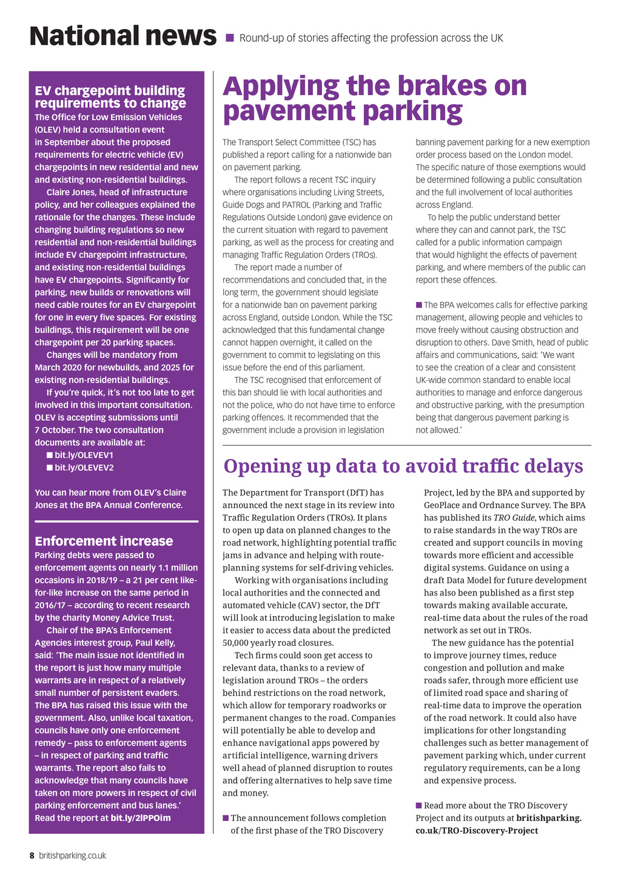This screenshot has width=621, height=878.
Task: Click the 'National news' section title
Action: point(123,36)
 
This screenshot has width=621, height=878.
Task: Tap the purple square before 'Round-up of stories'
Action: point(229,38)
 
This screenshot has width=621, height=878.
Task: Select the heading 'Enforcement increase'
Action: point(104,541)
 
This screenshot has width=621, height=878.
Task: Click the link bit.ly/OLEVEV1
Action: point(84,455)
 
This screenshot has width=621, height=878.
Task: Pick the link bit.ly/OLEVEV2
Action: point(84,467)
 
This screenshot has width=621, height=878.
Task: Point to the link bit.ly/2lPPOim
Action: point(141,818)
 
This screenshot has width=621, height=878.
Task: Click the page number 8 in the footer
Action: point(32,856)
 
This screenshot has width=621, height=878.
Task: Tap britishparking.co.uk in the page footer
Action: point(73,856)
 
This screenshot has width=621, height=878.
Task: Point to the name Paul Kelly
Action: point(156,643)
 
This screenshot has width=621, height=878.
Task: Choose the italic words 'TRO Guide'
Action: point(514,518)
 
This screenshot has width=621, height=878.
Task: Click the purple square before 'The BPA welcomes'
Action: point(418,305)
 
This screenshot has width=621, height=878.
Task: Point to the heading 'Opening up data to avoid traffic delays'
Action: point(403,466)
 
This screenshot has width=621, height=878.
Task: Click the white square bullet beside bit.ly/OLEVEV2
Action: point(50,467)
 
